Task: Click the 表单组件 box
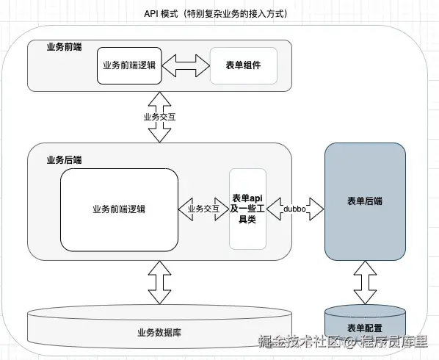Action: click(243, 65)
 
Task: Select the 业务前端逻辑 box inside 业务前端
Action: click(129, 65)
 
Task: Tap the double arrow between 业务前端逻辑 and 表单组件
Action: click(185, 65)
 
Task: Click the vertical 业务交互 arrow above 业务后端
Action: click(159, 116)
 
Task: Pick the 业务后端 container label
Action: click(64, 159)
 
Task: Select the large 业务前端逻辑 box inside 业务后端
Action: click(119, 209)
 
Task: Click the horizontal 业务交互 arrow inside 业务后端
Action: click(203, 209)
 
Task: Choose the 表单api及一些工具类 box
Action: click(247, 209)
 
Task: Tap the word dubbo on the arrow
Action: click(295, 209)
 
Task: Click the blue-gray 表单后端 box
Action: click(364, 201)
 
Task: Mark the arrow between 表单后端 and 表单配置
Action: click(364, 282)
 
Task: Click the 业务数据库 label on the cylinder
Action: click(159, 331)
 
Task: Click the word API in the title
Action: click(152, 14)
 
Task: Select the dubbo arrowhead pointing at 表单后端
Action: click(318, 209)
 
